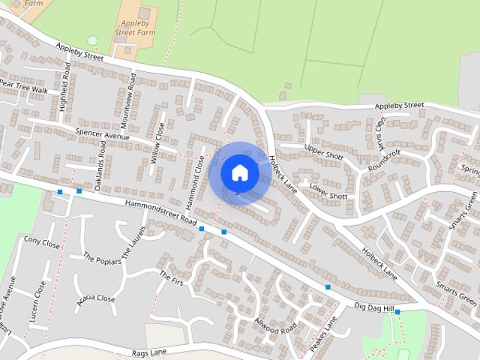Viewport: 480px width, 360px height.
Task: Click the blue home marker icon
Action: pyautogui.click(x=239, y=173)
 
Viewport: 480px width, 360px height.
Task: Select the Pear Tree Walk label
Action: pyautogui.click(x=23, y=87)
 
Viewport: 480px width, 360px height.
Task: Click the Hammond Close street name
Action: pyautogui.click(x=195, y=182)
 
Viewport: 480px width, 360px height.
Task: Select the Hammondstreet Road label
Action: pyautogui.click(x=160, y=214)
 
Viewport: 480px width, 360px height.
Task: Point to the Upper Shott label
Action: pyautogui.click(x=323, y=148)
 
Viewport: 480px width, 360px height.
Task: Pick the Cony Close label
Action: pyautogui.click(x=41, y=243)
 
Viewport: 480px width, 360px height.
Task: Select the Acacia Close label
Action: pyautogui.click(x=96, y=298)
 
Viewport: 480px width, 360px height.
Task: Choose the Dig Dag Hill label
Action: pyautogui.click(x=373, y=307)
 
